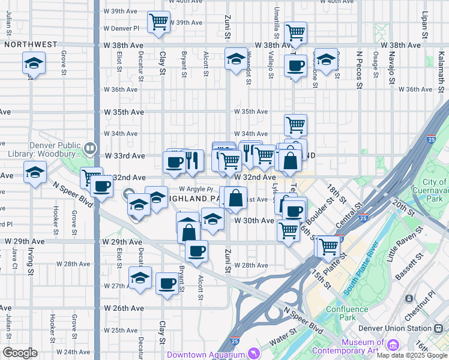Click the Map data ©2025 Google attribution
coord(412,355)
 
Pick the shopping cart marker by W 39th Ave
coord(159,23)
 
